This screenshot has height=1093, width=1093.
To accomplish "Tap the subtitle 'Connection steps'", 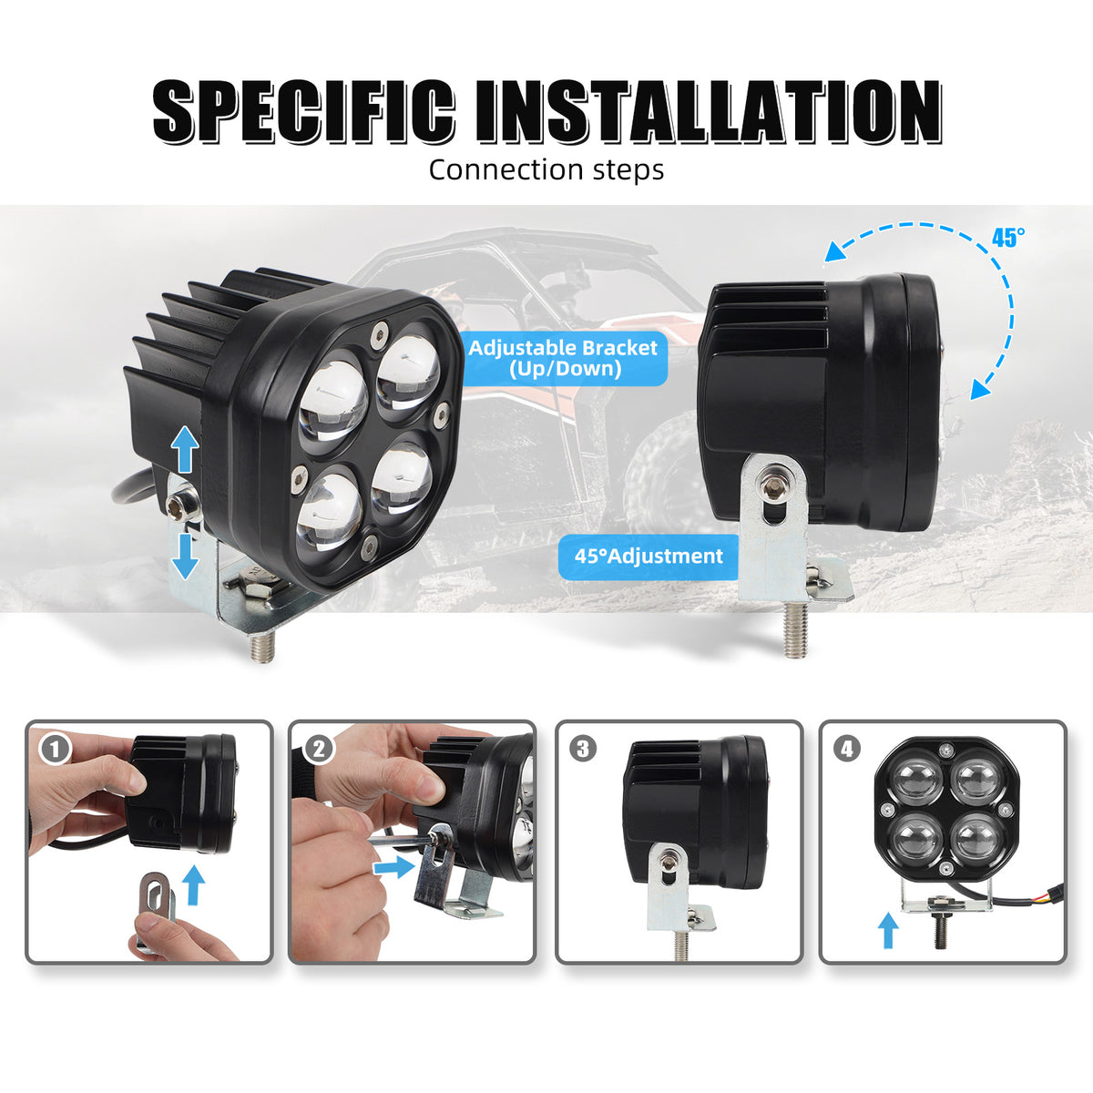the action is click(546, 169).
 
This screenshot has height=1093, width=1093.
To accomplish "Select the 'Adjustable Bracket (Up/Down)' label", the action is click(563, 359).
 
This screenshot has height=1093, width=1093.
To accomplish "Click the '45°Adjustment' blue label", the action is click(649, 556).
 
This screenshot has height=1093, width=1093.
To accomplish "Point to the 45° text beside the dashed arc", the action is click(1008, 239).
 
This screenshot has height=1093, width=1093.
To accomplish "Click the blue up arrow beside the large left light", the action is click(185, 450).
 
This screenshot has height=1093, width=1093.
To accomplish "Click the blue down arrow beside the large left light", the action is click(185, 556).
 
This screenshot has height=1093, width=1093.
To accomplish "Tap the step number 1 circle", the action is click(56, 750).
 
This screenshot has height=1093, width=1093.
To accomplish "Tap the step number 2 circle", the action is click(319, 750).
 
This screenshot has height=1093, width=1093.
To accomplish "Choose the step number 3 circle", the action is click(583, 750).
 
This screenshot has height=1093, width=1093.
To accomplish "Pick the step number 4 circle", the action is click(847, 750).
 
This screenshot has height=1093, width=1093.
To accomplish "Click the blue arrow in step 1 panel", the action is click(195, 884).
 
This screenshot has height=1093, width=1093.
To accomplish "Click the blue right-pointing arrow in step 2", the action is click(394, 867).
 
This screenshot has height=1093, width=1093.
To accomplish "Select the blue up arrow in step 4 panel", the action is click(888, 933).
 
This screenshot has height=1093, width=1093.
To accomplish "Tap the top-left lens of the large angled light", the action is click(333, 399).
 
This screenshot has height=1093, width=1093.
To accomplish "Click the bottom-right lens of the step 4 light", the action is click(976, 839).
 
